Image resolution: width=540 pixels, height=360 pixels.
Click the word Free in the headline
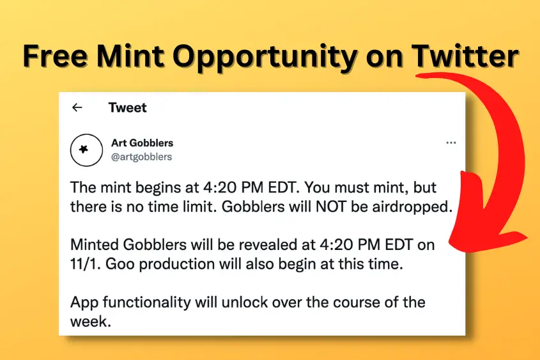coord(55,56)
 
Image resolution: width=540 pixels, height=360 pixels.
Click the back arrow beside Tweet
coord(77,107)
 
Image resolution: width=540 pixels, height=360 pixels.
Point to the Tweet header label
coord(127,107)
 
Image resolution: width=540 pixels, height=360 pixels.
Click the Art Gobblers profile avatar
coord(86,150)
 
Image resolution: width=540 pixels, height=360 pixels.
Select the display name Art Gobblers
coord(143,143)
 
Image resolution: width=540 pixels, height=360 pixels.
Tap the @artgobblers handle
coord(141,157)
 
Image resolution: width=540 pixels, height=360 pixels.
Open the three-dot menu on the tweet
coord(451,143)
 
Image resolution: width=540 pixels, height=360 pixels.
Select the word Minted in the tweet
coord(95,245)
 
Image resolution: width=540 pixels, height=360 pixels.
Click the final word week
coord(91,322)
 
